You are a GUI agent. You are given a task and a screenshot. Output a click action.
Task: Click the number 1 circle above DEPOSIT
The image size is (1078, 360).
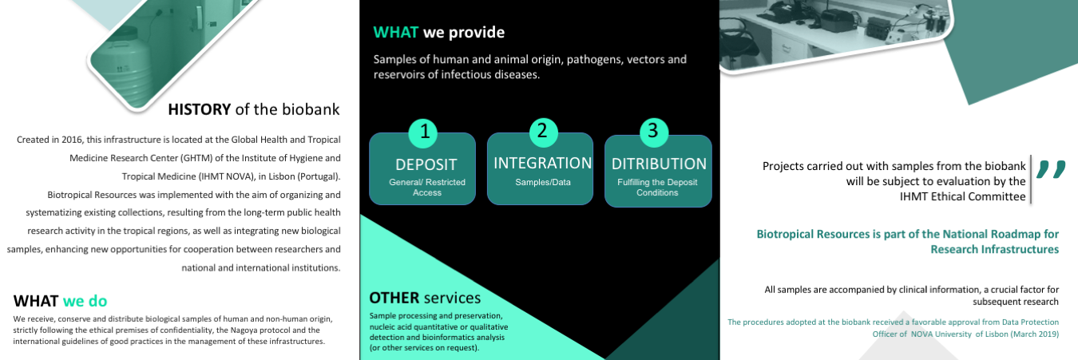point(423,133)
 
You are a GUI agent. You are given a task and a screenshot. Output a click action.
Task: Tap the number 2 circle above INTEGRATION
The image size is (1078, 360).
point(543,132)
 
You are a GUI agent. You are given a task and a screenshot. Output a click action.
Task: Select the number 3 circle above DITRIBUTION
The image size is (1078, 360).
point(654,132)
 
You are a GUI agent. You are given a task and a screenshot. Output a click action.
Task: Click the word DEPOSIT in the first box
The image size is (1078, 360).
point(426,164)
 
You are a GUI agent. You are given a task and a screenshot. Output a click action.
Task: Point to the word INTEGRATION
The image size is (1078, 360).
point(542,163)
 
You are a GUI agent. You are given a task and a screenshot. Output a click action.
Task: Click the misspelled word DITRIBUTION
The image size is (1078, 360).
point(659,164)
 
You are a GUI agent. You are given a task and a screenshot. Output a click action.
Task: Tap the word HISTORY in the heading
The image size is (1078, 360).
point(200,109)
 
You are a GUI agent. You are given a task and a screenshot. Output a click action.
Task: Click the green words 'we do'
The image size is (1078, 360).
point(85,301)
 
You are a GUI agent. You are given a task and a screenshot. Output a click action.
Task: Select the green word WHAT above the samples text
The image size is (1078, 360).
point(395,32)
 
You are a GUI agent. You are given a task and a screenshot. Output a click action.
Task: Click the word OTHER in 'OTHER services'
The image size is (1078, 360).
point(394,298)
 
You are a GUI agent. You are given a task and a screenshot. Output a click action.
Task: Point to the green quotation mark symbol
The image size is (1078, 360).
point(1051,170)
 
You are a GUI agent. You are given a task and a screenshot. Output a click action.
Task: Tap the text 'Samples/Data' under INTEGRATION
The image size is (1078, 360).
point(543,183)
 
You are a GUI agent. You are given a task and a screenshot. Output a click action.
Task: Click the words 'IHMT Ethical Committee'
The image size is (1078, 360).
point(962,196)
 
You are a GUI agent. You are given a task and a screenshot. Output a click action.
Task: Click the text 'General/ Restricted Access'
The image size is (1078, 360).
point(427,188)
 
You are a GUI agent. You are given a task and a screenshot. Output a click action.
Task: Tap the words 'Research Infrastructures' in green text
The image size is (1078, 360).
point(994,249)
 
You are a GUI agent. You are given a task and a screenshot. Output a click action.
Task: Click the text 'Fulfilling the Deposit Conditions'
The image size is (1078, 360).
point(657,188)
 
